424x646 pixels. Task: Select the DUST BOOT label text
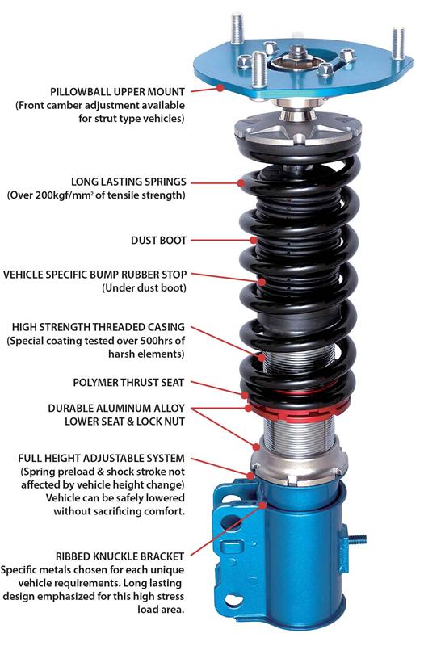click(x=158, y=240)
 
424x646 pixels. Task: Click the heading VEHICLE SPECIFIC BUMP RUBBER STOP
click(x=94, y=275)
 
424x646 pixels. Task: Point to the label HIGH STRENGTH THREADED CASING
click(x=99, y=327)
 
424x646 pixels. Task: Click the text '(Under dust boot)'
click(x=143, y=288)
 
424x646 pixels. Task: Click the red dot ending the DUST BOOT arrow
click(x=253, y=240)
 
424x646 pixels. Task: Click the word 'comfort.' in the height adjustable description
click(x=160, y=511)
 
